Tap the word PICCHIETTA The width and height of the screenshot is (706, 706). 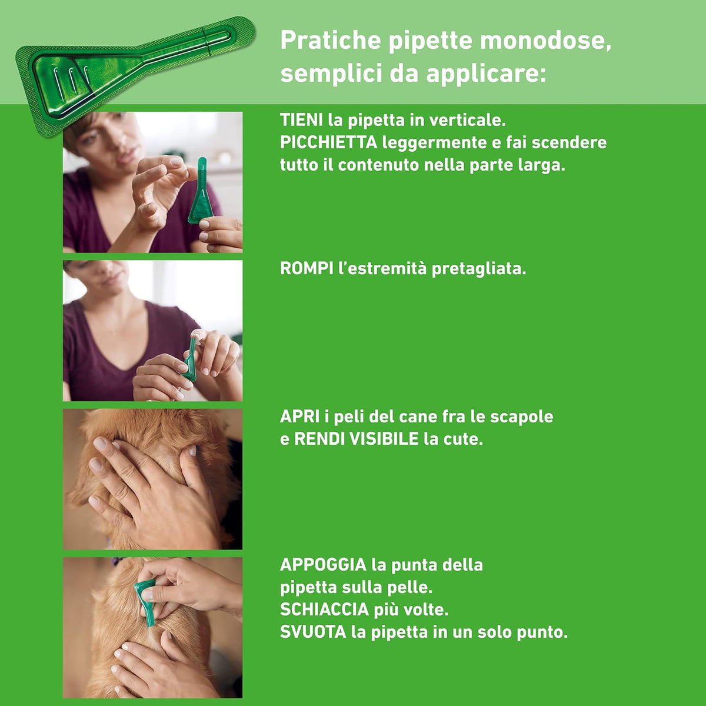(329, 142)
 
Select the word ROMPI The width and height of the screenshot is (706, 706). (307, 268)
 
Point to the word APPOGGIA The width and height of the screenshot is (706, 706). (324, 565)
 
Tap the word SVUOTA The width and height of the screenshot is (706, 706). (313, 632)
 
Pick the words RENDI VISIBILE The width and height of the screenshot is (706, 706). (357, 439)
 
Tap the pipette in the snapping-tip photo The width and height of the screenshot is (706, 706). (191, 359)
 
